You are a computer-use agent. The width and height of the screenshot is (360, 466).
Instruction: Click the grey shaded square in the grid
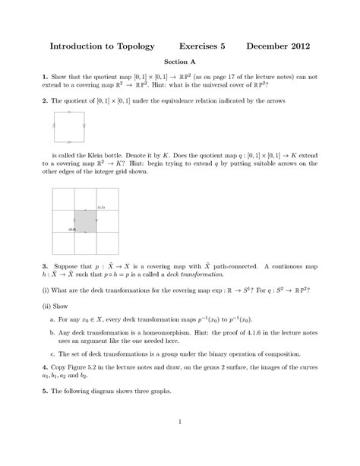point(86,221)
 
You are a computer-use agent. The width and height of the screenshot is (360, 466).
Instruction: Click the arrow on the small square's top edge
point(69,113)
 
